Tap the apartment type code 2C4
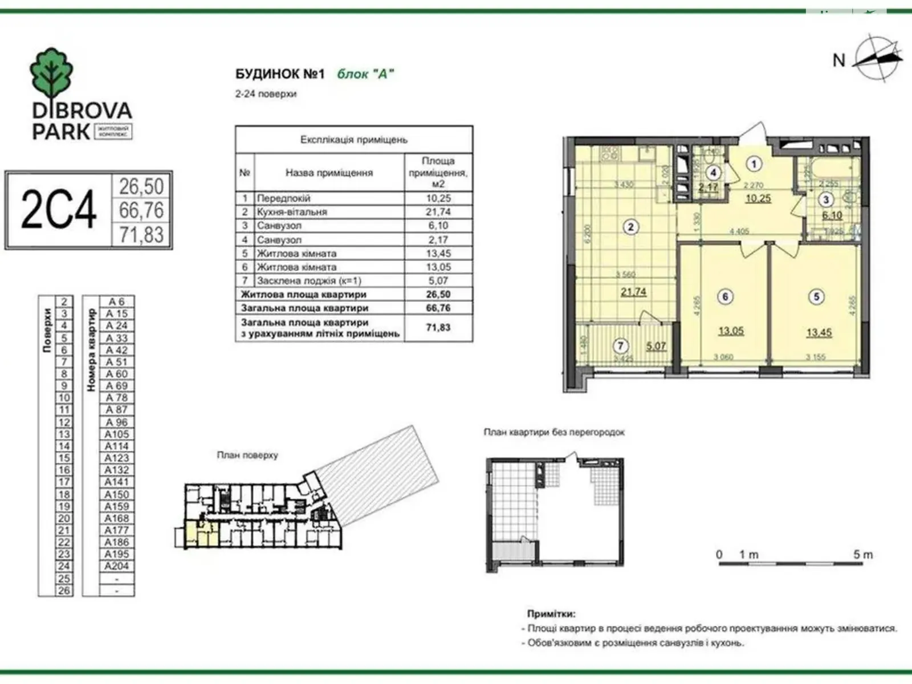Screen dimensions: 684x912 click(58, 210)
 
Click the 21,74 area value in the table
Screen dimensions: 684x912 click(438, 211)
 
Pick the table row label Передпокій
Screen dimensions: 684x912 click(283, 198)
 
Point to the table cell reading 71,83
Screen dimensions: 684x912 click(438, 328)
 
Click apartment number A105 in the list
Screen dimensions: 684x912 click(116, 434)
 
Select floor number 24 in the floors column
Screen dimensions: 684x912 click(64, 566)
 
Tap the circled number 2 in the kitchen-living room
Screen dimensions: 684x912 click(630, 227)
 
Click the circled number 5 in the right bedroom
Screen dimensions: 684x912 click(816, 296)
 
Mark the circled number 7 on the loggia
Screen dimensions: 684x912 click(621, 345)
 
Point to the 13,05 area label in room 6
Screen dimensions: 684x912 click(731, 331)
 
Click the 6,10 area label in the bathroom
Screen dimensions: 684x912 click(832, 215)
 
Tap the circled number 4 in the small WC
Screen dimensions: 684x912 click(713, 172)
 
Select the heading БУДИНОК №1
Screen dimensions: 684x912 click(279, 74)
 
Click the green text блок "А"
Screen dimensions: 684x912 click(365, 74)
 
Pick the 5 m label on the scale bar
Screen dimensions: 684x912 click(862, 554)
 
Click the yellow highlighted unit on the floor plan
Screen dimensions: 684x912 click(202, 535)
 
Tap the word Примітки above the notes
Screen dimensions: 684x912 click(551, 614)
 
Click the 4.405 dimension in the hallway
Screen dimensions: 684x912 click(739, 231)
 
